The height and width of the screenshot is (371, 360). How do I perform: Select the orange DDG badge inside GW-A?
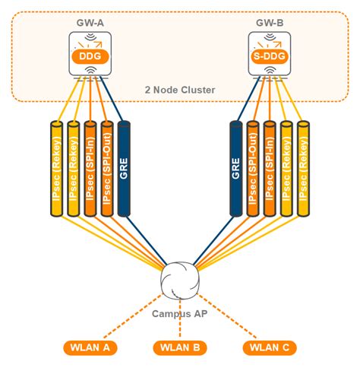coord(90,55)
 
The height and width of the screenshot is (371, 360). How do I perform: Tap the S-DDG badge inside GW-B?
coord(270,55)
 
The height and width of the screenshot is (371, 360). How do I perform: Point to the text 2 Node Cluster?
coord(179,90)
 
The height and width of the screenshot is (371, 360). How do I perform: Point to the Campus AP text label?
coord(180,313)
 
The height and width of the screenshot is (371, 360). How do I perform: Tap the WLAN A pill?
coord(87,348)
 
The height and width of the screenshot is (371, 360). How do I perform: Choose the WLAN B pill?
coord(179,348)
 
